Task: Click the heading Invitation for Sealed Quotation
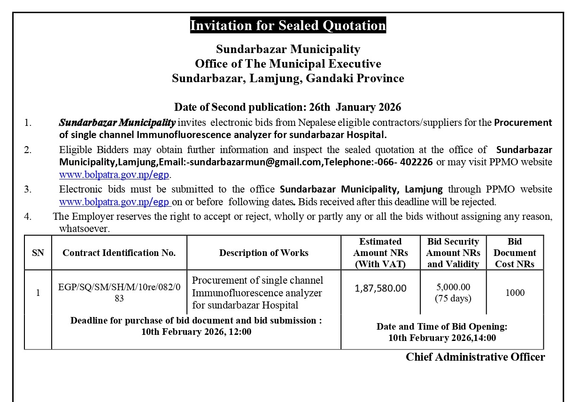[287, 25]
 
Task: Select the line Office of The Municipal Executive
[288, 63]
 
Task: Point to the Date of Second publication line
[287, 107]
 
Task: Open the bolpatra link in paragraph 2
[114, 175]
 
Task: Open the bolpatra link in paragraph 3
[114, 202]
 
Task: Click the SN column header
[38, 253]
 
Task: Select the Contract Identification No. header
[119, 253]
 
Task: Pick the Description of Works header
[263, 253]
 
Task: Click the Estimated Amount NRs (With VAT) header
[380, 253]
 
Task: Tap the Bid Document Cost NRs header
[515, 253]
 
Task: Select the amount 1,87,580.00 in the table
[380, 288]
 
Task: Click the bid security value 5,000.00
[453, 287]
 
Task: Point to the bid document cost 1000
[515, 293]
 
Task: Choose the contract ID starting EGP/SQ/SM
[119, 293]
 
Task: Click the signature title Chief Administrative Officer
[475, 357]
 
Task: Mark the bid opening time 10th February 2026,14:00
[442, 338]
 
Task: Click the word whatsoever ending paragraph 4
[84, 229]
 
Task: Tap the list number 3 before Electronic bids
[28, 189]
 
